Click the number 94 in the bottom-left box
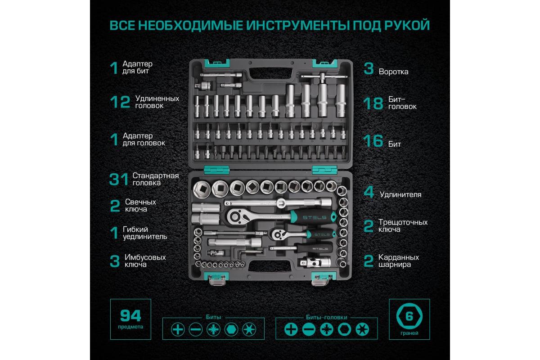click(x=130, y=316)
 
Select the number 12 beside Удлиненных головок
click(x=120, y=102)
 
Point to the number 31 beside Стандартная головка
click(x=119, y=179)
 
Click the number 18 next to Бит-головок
click(x=373, y=103)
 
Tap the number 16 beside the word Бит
click(x=373, y=140)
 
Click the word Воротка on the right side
click(x=393, y=72)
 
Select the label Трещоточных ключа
click(x=403, y=226)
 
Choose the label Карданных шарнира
click(x=399, y=261)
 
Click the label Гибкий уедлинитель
click(x=145, y=233)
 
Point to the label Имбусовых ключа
click(x=145, y=261)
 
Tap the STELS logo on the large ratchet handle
click(x=315, y=217)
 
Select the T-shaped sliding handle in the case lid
click(x=323, y=77)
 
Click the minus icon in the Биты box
click(x=195, y=329)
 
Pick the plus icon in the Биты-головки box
click(x=291, y=329)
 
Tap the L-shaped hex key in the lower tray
click(x=248, y=252)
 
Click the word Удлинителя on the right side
click(x=400, y=194)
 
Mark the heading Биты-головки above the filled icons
click(x=326, y=317)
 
